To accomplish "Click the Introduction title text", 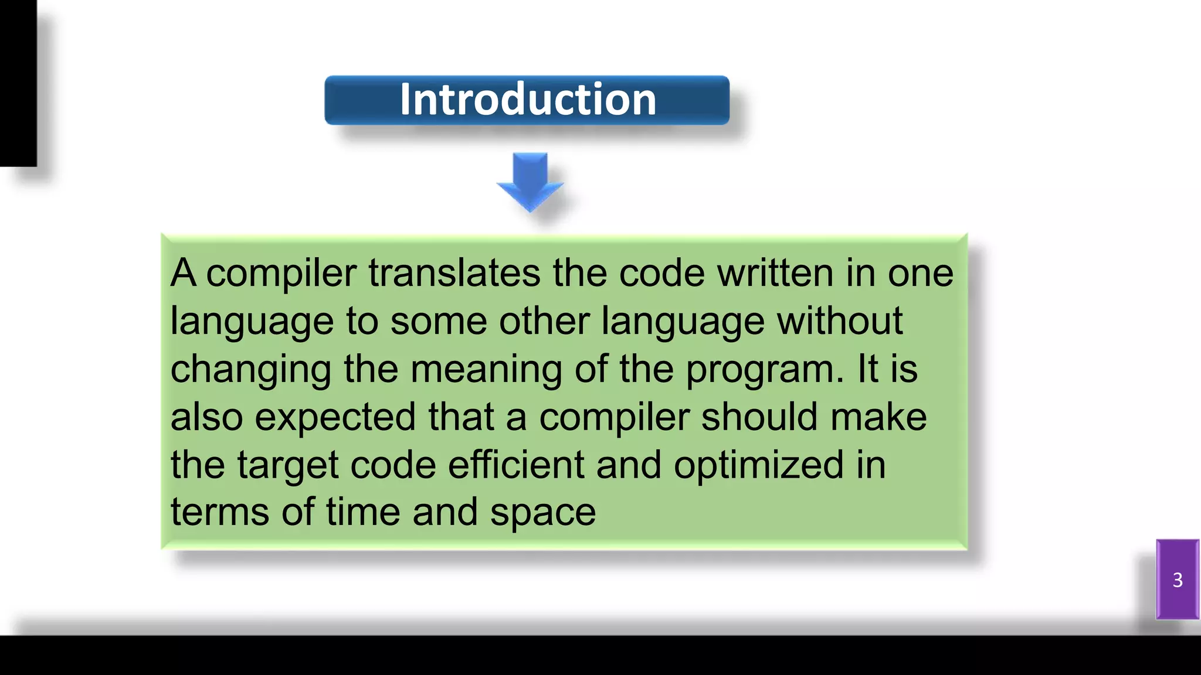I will [x=527, y=100].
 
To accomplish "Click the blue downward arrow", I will [x=530, y=181].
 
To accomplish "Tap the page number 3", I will [x=1177, y=579].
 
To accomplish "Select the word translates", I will [x=454, y=273].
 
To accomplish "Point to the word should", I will [x=759, y=417].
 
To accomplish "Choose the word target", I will [x=287, y=466].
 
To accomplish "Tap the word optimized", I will [x=758, y=466].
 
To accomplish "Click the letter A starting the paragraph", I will [x=183, y=273].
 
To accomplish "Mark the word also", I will [x=206, y=417].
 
